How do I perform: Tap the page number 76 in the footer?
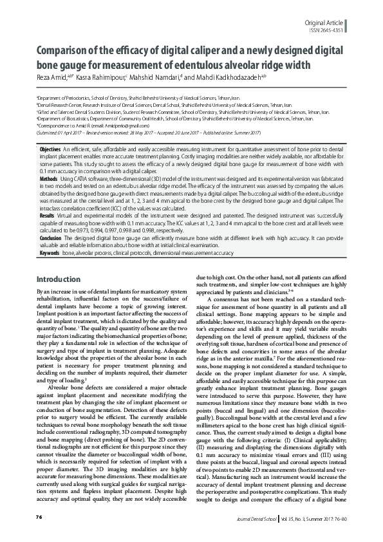[x=39, y=517]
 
